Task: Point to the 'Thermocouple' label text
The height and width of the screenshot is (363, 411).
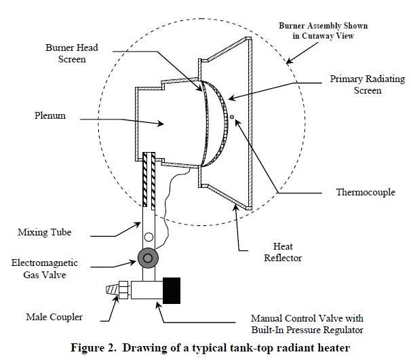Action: [365, 192]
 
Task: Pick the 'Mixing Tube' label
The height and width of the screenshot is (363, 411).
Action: [45, 233]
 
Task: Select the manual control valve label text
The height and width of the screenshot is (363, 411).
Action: [307, 323]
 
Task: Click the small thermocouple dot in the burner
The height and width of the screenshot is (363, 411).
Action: [232, 117]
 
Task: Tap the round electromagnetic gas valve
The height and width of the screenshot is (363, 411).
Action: [147, 258]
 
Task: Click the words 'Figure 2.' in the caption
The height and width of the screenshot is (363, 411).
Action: [96, 349]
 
